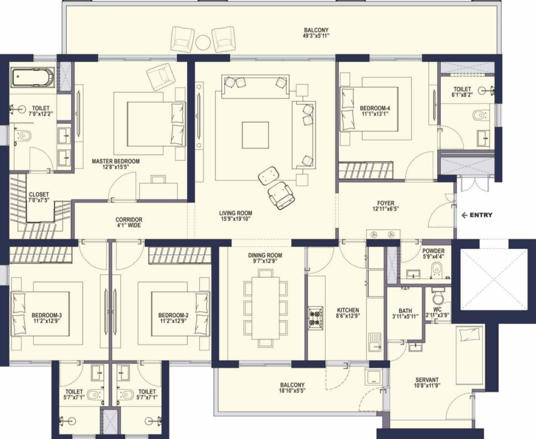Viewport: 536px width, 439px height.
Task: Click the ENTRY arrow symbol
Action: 464,215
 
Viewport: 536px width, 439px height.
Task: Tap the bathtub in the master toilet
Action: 32,77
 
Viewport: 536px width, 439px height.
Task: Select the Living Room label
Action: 236,213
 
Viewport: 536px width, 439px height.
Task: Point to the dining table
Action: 265,308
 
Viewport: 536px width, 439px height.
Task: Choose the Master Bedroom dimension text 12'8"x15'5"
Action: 116,167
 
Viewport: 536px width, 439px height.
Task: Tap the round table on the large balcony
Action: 203,42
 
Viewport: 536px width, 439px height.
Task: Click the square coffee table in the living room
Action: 255,135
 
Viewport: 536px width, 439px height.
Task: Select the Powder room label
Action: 434,251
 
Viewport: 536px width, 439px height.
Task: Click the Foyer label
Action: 386,203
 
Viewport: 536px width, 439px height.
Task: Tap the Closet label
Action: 39,195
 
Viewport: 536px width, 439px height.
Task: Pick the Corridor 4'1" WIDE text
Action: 129,222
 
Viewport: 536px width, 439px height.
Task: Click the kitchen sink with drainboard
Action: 374,342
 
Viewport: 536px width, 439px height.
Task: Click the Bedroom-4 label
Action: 375,108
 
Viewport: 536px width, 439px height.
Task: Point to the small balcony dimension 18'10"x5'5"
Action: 292,391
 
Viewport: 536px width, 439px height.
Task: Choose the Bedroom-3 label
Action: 47,315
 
